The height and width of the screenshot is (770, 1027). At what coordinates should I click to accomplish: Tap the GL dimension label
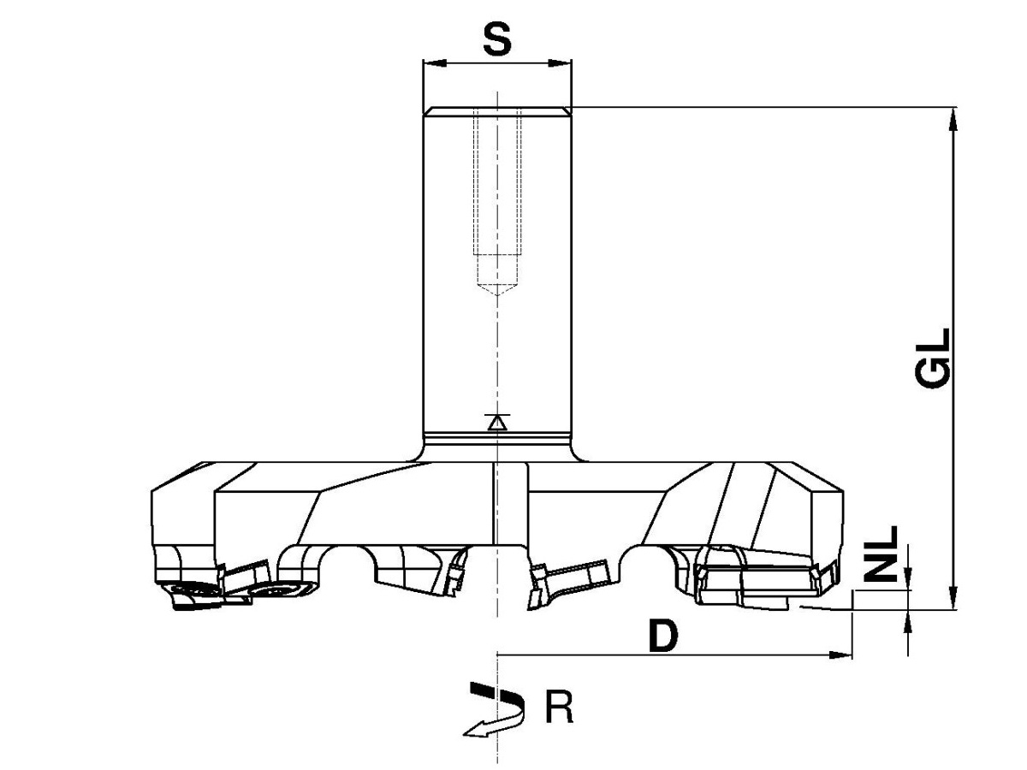point(933,359)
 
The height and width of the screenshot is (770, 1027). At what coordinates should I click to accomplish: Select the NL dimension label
point(881,554)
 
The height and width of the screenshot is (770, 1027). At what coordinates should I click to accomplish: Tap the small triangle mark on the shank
point(497,423)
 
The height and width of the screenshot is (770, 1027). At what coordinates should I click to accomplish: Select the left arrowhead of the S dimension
point(434,63)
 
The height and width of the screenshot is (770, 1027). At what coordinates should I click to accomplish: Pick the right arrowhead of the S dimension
point(560,63)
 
